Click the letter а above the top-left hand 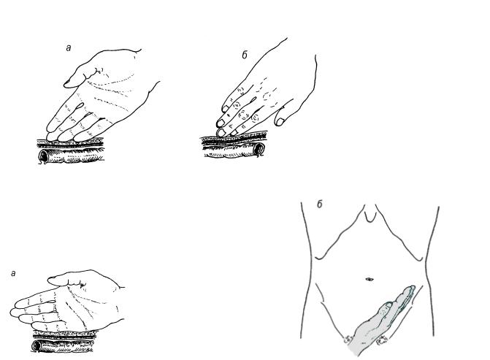tap(69, 47)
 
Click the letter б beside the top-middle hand tap(245, 55)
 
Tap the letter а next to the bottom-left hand tap(13, 273)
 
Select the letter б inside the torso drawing tap(319, 204)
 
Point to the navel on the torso tap(369, 279)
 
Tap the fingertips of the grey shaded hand tap(410, 290)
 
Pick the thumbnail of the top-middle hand tap(280, 121)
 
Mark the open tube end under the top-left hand tap(43, 156)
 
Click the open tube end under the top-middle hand tap(260, 149)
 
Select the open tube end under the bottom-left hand tap(37, 345)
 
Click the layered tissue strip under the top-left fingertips tap(70, 143)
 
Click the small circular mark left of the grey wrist tap(348, 339)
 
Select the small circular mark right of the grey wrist tap(382, 340)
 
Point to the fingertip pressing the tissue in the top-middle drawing tap(221, 132)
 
